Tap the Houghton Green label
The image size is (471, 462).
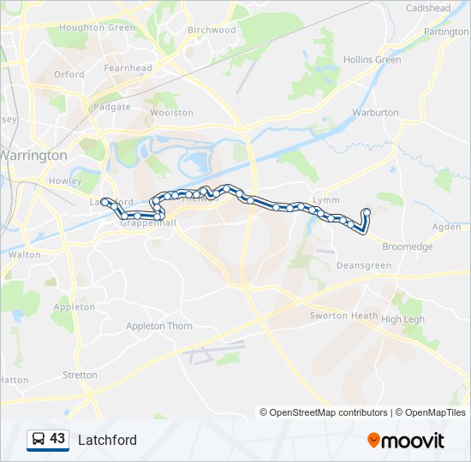click(x=97, y=28)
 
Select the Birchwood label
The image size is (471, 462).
click(x=212, y=30)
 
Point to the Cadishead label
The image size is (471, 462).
click(x=428, y=9)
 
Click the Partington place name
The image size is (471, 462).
click(x=447, y=32)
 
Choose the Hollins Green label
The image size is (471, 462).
click(x=372, y=60)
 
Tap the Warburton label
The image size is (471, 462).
click(x=375, y=112)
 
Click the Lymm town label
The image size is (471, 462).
click(x=326, y=199)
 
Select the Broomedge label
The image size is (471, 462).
click(x=407, y=246)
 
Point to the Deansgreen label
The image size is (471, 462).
click(x=364, y=266)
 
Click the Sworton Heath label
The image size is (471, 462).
click(x=343, y=316)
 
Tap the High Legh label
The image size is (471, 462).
click(x=402, y=319)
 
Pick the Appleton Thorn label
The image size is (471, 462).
click(x=159, y=326)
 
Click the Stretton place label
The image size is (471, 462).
click(x=80, y=375)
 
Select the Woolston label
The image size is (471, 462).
click(x=171, y=113)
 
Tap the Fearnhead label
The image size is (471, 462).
click(x=128, y=68)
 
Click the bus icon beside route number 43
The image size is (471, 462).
click(x=39, y=439)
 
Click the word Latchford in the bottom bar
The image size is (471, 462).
click(x=107, y=440)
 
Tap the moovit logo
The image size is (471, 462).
click(x=406, y=440)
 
